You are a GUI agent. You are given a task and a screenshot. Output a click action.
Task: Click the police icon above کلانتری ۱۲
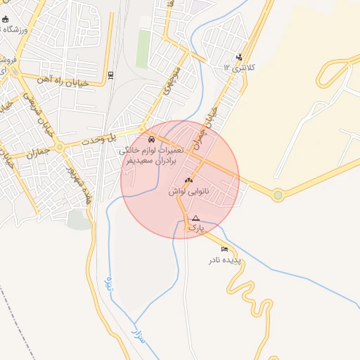click(240, 57)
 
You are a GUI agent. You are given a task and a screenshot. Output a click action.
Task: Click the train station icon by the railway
click(111, 74)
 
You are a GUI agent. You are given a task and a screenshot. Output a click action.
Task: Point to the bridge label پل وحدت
click(121, 137)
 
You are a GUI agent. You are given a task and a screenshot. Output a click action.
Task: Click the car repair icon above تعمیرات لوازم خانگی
click(153, 139)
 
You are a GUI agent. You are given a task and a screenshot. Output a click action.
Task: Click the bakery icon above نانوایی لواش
click(188, 180)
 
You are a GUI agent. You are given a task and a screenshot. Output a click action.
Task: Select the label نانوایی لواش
click(188, 191)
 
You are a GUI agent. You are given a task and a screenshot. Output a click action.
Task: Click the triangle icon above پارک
click(196, 218)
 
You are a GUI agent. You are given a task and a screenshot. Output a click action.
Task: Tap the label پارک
click(196, 229)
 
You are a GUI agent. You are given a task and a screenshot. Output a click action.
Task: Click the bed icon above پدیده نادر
click(225, 249)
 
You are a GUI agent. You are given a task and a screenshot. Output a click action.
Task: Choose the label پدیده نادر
click(224, 260)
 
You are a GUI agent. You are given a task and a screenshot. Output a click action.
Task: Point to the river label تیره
click(108, 283)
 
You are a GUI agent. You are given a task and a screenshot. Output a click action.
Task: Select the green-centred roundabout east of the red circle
click(278, 195)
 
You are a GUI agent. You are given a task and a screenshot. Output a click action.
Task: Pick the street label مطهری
click(174, 82)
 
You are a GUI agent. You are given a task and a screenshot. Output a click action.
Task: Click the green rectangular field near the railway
click(143, 49)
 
